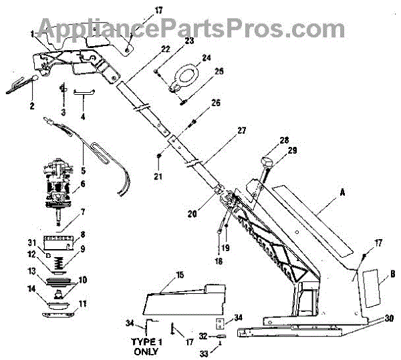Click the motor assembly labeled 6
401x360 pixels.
tap(64, 182)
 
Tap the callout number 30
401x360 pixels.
tap(390, 319)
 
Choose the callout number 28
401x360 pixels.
tap(284, 140)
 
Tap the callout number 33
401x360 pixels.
tap(215, 349)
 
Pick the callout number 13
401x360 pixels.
tap(31, 271)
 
